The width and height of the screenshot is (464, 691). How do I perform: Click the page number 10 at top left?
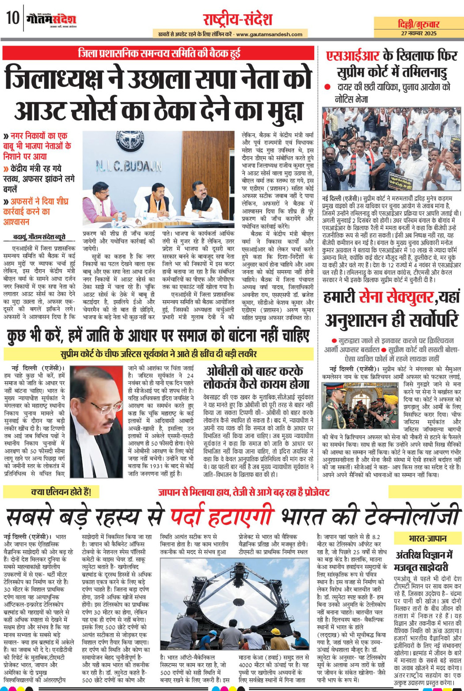point(12,19)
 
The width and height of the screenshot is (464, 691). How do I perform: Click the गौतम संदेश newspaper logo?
point(51,19)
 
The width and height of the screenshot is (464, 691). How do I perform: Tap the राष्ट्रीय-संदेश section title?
point(237,19)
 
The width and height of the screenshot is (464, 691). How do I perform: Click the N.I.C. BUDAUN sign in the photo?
point(129,166)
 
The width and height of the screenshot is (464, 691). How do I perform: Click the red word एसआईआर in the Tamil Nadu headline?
point(353,56)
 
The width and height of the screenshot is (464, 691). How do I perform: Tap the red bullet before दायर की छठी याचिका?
point(327,87)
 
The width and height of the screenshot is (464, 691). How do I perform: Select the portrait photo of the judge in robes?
point(95,420)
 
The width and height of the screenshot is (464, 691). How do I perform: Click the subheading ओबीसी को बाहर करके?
point(255,370)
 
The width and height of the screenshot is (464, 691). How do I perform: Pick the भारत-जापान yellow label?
point(427,538)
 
